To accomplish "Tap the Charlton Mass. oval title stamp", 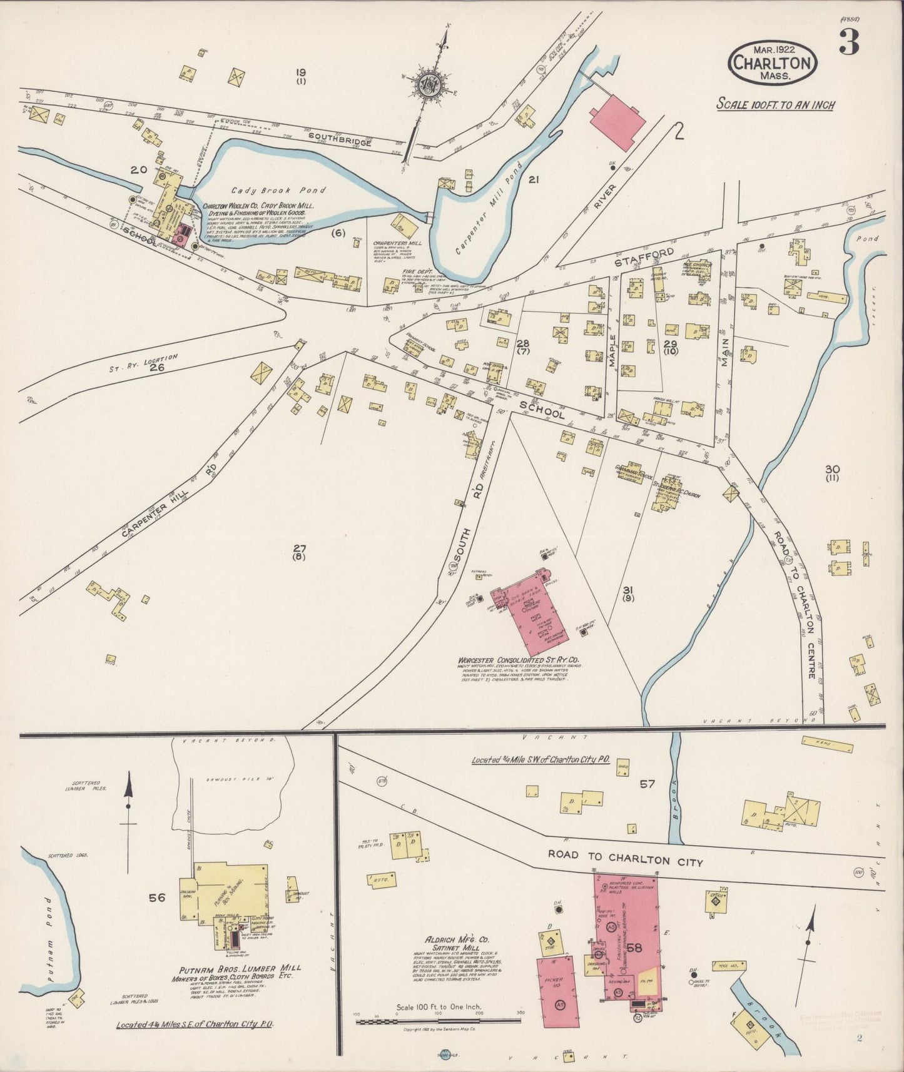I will pos(773,63).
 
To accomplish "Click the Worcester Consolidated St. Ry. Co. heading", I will pos(519,660).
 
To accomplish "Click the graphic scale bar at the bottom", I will pos(438,1021).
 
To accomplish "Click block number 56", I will pos(156,898).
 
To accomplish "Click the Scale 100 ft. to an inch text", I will pos(775,104).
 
